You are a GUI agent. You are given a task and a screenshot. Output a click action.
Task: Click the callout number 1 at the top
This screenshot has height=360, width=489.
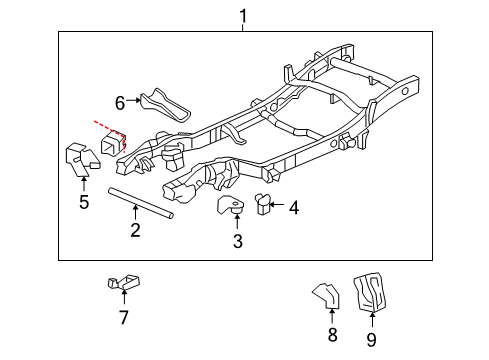click(241, 15)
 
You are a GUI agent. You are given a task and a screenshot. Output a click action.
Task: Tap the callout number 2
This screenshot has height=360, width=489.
click(134, 232)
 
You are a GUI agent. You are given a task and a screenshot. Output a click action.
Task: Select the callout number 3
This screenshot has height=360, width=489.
click(237, 240)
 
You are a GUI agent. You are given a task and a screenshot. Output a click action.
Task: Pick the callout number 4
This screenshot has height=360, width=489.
click(294, 207)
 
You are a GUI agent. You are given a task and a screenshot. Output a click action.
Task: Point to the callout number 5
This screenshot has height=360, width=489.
click(84, 203)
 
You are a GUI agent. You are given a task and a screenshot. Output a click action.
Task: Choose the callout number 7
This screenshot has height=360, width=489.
click(123, 317)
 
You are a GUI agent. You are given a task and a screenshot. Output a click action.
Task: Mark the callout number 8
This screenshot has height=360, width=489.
click(332, 336)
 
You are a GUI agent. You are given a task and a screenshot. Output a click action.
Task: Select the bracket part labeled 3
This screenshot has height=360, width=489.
click(231, 206)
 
